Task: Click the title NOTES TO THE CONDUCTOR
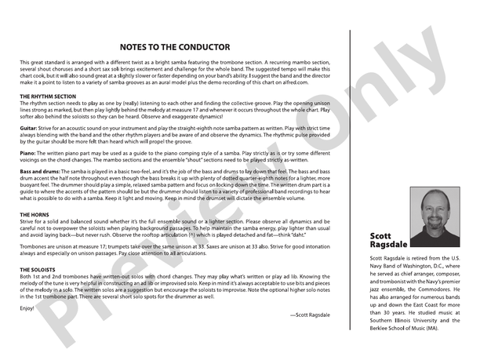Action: click(x=175, y=47)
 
